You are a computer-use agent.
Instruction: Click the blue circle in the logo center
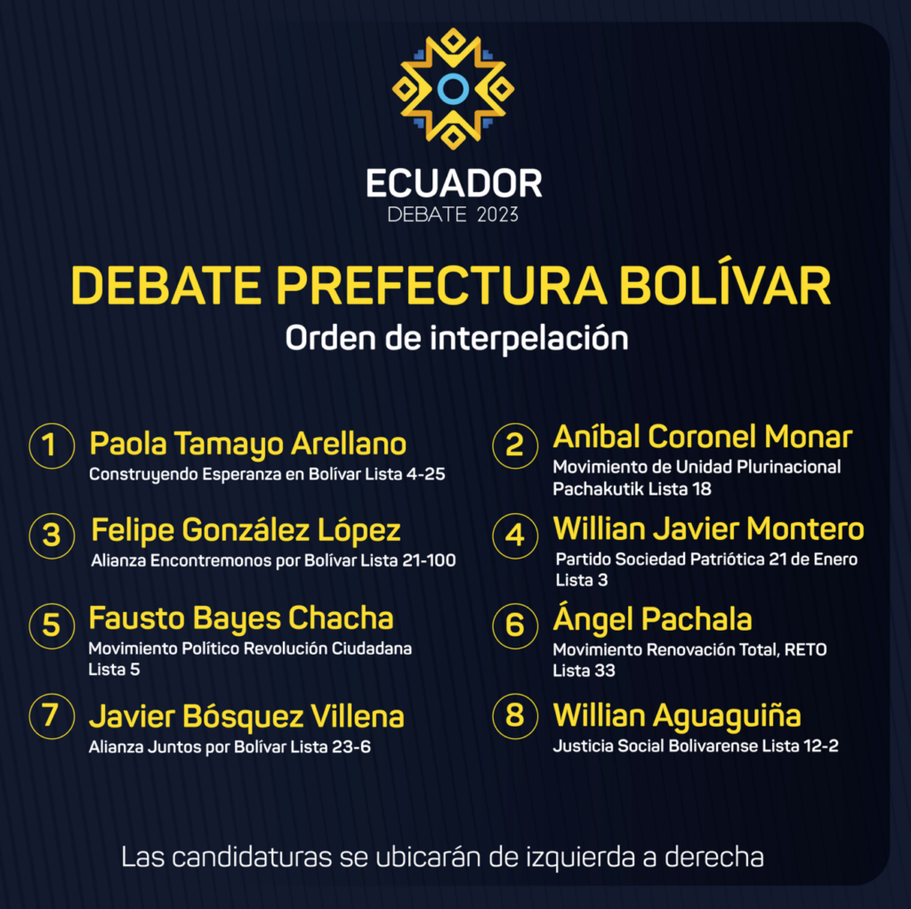[x=453, y=88]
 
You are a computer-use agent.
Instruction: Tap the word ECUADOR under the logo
[x=454, y=183]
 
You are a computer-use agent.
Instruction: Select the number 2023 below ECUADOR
[x=497, y=215]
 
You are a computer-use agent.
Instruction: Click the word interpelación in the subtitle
[x=529, y=338]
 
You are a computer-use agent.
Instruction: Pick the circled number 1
[x=52, y=446]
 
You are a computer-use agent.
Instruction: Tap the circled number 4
[x=515, y=535]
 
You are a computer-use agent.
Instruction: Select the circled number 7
[x=52, y=716]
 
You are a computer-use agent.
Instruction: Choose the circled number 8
[x=515, y=716]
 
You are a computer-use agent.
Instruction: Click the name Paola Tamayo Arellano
[x=248, y=445]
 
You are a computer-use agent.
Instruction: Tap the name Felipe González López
[x=246, y=531]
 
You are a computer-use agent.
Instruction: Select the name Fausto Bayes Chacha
[x=241, y=618]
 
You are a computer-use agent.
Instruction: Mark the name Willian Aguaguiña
[x=677, y=716]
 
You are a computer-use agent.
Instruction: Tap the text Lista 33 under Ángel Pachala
[x=584, y=671]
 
